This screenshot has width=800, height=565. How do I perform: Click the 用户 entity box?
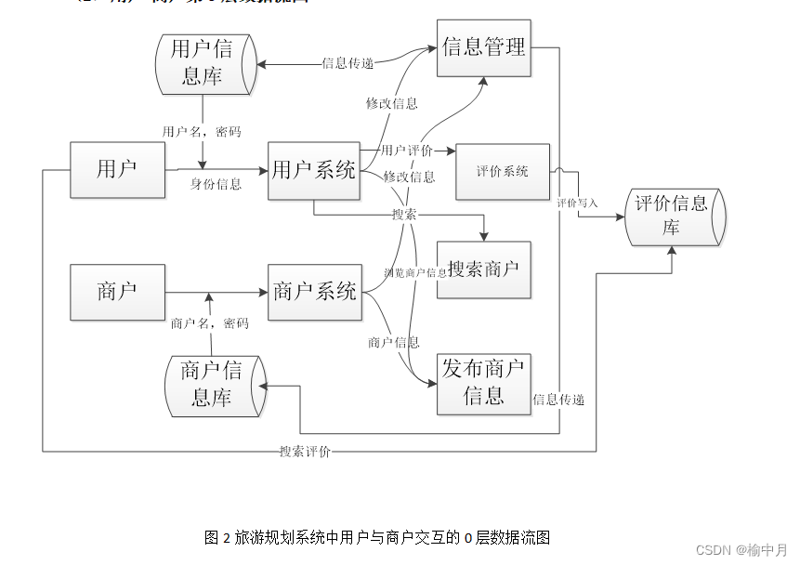tap(117, 169)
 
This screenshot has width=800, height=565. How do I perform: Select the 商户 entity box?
tap(117, 292)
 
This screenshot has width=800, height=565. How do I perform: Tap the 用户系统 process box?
tap(314, 170)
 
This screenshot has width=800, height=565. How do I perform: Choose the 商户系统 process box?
tap(314, 292)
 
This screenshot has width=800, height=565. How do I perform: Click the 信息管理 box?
tap(484, 47)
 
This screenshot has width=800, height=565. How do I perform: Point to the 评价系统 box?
tap(503, 171)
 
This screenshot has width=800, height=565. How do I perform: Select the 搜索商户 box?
tap(483, 269)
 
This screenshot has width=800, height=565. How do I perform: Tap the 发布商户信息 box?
tap(483, 383)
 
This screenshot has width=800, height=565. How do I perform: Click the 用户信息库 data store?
tap(205, 63)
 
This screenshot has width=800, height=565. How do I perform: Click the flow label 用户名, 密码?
tap(202, 132)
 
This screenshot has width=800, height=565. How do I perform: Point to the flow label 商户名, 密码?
tap(209, 323)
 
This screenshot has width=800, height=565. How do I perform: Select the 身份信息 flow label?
tap(216, 184)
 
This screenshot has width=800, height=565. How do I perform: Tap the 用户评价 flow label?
tap(407, 151)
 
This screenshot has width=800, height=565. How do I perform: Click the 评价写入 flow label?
tap(577, 202)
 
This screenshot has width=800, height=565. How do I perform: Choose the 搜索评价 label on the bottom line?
tap(305, 452)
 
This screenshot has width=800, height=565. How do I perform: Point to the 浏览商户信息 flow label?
tap(415, 272)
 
